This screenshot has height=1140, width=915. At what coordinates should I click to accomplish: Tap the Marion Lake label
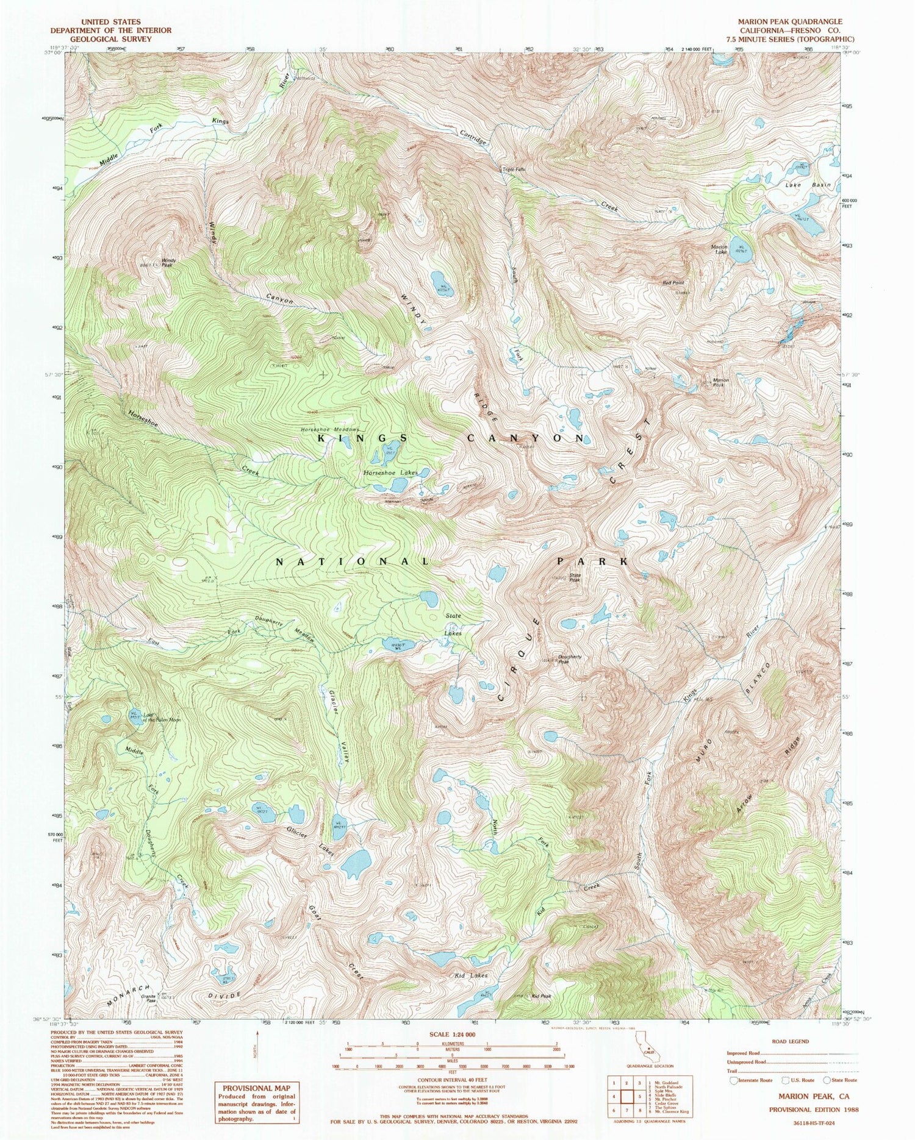(719, 249)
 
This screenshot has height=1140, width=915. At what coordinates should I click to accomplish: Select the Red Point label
(674, 283)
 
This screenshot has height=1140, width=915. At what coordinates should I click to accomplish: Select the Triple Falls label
(513, 169)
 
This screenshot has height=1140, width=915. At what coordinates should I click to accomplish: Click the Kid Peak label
(541, 996)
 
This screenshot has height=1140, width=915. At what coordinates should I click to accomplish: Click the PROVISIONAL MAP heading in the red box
(256, 1088)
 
